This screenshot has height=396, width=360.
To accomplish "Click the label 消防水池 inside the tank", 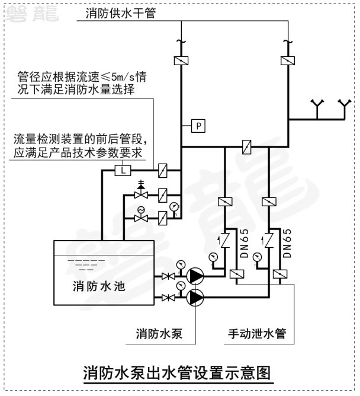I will (99, 286).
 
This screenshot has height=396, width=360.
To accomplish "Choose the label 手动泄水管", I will (257, 333).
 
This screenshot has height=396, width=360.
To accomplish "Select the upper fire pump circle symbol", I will (194, 276).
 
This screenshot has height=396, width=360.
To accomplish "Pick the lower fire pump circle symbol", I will (194, 296).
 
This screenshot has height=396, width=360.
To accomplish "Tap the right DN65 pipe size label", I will (287, 242).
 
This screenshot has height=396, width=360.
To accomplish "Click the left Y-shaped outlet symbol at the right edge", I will (318, 107).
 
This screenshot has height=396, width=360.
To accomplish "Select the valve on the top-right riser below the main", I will (287, 60).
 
